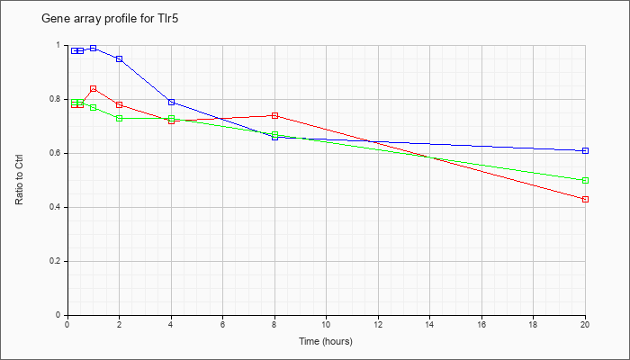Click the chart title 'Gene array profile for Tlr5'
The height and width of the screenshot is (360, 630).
pos(110,19)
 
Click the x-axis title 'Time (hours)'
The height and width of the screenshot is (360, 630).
pos(326,341)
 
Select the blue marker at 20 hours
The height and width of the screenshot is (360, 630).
pos(585,150)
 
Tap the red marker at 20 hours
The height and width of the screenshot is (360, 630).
pos(585,199)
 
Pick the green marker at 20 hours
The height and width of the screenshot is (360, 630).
pos(585,180)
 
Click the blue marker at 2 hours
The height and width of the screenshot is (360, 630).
pos(120,59)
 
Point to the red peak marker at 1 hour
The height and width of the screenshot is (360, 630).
pos(94,88)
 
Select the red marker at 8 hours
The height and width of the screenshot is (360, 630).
pos(274,116)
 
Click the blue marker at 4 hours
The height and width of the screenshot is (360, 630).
pos(171,102)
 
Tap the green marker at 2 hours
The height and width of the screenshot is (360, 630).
pos(120,118)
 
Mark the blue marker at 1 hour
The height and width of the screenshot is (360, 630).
pos(94,49)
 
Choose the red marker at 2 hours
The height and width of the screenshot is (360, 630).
pos(120,105)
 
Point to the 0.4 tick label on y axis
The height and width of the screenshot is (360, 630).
pos(59,207)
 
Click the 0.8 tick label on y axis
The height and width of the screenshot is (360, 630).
pos(59,99)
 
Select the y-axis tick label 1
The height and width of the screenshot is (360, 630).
pos(61,45)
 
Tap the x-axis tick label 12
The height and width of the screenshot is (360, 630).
pos(378,324)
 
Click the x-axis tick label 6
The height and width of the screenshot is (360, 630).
pos(223,324)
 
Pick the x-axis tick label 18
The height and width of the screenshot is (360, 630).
pos(533,324)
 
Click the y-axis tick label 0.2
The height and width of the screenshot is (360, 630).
pos(59,262)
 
